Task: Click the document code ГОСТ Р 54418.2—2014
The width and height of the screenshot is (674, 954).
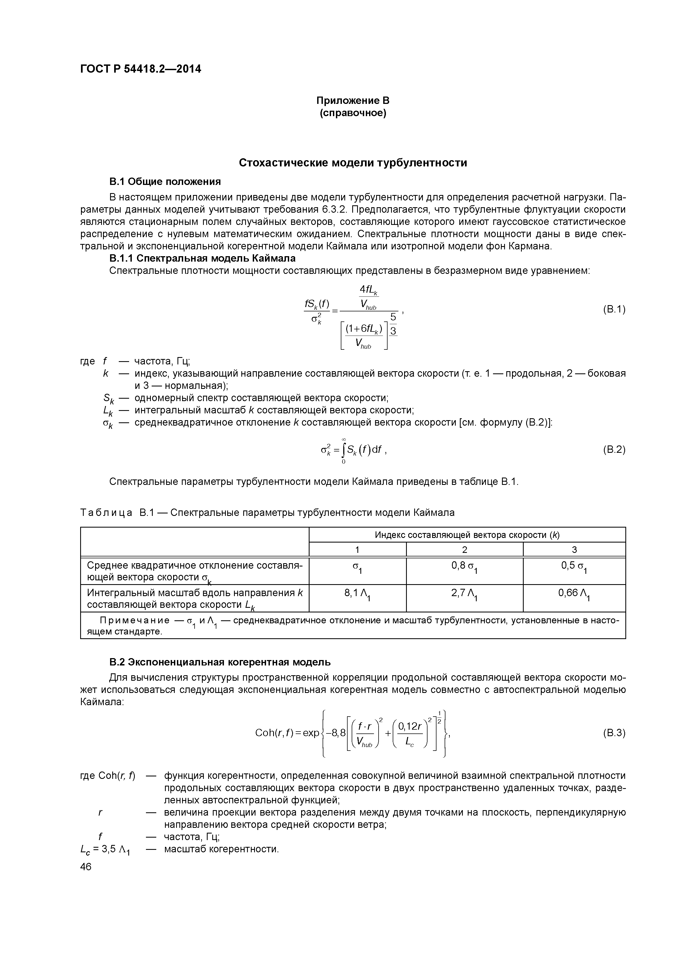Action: click(x=140, y=69)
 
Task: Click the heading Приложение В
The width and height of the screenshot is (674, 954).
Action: click(x=352, y=101)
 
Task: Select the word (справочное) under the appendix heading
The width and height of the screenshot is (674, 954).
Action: click(x=352, y=113)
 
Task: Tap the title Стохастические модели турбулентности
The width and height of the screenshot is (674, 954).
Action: click(x=352, y=163)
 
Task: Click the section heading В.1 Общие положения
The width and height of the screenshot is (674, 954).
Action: click(x=165, y=182)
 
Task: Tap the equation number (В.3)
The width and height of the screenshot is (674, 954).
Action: click(x=613, y=733)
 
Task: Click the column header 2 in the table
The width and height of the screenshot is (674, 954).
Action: click(x=464, y=550)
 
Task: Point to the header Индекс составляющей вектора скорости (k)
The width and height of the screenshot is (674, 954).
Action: click(x=467, y=535)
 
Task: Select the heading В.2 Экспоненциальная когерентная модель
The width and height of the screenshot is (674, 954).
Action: click(x=220, y=661)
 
